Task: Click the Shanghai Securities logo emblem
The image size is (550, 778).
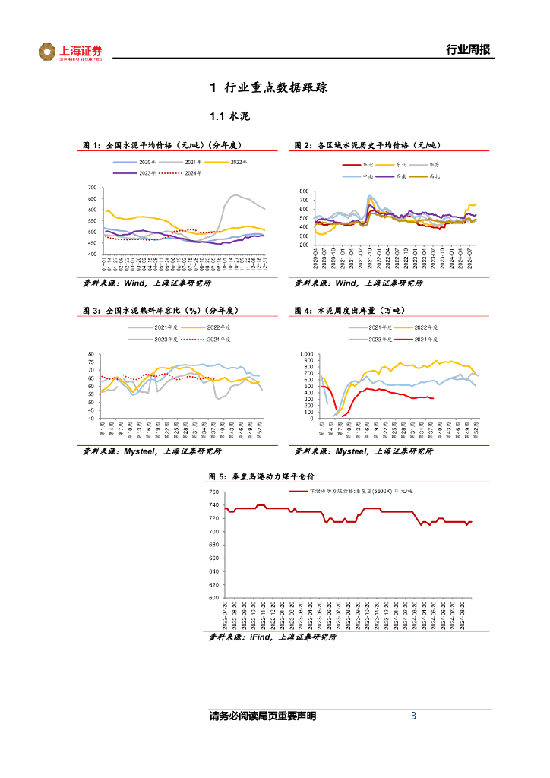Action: click(x=47, y=51)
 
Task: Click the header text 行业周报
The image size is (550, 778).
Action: click(x=467, y=50)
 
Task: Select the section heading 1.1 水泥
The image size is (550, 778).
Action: click(x=229, y=117)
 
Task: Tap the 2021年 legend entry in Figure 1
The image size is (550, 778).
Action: click(x=192, y=162)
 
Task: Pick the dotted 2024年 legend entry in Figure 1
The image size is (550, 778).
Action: click(x=193, y=173)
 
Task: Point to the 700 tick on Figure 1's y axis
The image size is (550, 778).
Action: click(x=92, y=188)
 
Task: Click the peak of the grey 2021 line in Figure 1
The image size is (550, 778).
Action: click(x=235, y=195)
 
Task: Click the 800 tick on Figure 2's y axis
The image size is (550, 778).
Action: click(x=304, y=191)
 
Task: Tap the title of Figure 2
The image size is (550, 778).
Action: click(x=368, y=144)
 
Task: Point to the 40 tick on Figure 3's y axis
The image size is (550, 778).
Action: click(x=90, y=419)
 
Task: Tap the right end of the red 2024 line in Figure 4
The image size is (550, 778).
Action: click(x=433, y=398)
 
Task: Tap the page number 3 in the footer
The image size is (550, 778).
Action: click(x=413, y=716)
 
